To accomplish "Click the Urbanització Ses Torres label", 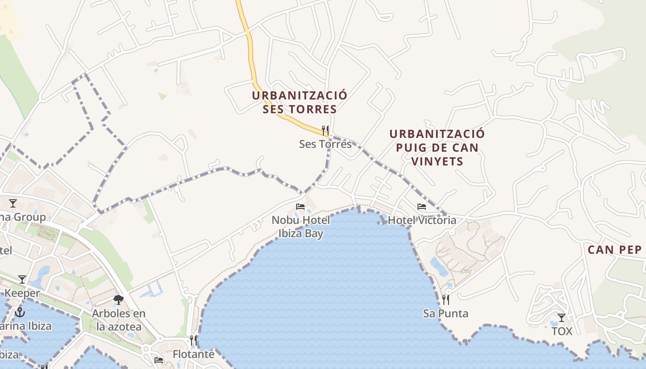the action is (x=299, y=102).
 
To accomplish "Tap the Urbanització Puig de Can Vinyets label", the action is (x=437, y=148).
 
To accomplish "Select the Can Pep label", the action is (x=615, y=250).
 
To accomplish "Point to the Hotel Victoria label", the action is (x=422, y=220).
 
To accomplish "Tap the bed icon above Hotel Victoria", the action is (x=422, y=207).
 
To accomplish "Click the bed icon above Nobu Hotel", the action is (x=300, y=206).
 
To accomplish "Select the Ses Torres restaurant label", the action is (x=325, y=144).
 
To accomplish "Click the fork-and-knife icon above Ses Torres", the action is (x=325, y=131).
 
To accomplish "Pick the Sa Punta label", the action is (x=445, y=314).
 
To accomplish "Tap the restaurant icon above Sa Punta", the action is (x=446, y=300).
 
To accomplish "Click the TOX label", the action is (x=562, y=331).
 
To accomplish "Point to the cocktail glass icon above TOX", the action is (x=562, y=318).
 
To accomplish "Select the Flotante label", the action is (x=193, y=354).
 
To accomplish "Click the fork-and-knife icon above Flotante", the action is (x=194, y=341).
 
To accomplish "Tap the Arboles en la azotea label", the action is (x=119, y=320).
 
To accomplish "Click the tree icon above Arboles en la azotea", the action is (x=119, y=300).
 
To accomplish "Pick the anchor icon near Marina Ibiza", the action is (x=20, y=312).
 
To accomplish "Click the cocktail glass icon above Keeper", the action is (x=22, y=280).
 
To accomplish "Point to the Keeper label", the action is (x=22, y=293).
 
